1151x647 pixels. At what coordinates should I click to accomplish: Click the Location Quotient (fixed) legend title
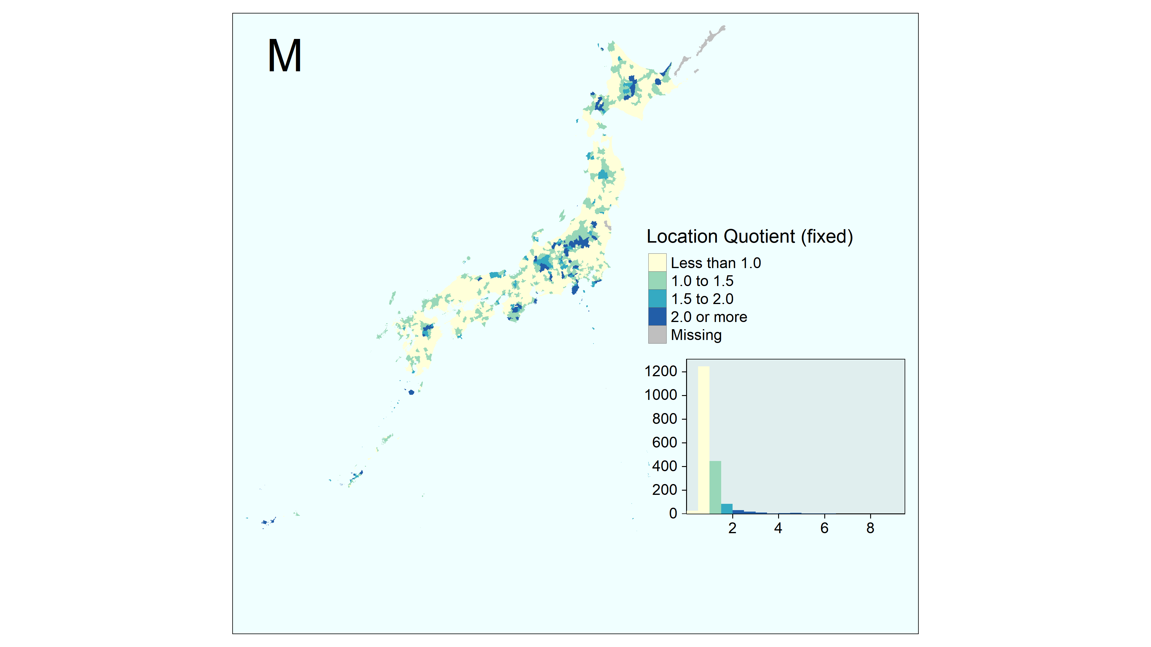pyautogui.click(x=750, y=237)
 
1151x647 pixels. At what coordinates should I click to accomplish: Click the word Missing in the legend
pyautogui.click(x=696, y=335)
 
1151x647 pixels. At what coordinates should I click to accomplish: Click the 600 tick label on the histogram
pyautogui.click(x=665, y=442)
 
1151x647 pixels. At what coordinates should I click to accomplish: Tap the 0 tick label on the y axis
pyautogui.click(x=673, y=513)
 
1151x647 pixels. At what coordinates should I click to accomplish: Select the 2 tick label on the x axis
pyautogui.click(x=732, y=528)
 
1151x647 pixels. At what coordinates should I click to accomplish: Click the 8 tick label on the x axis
pyautogui.click(x=870, y=528)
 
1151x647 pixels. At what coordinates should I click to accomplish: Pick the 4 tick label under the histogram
pyautogui.click(x=778, y=528)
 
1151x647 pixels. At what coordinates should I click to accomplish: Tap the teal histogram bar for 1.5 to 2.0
pyautogui.click(x=727, y=509)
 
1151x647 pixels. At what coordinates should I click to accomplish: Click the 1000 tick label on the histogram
pyautogui.click(x=661, y=395)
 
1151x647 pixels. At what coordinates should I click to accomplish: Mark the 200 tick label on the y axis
pyautogui.click(x=665, y=490)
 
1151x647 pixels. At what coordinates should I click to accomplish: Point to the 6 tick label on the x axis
pyautogui.click(x=824, y=528)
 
